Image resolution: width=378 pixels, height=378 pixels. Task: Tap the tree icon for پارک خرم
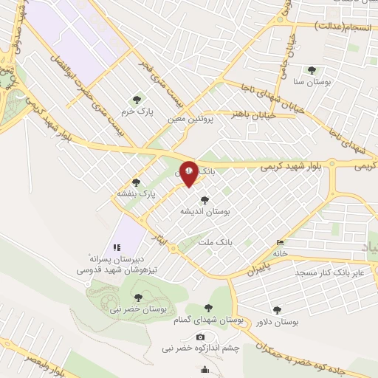pos(136,100)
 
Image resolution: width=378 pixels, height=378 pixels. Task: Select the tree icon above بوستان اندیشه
pos(205,199)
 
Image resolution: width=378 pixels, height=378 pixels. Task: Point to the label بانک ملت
pos(215,240)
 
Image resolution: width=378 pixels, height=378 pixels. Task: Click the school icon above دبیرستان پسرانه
pos(115,247)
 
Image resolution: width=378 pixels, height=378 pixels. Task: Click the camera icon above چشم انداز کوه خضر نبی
pos(200,337)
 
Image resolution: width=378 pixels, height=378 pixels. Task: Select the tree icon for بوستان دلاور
pos(277,311)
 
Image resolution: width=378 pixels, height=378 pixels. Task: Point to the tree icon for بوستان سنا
pos(311,71)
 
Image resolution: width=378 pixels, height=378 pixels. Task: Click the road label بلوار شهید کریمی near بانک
pos(292,168)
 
